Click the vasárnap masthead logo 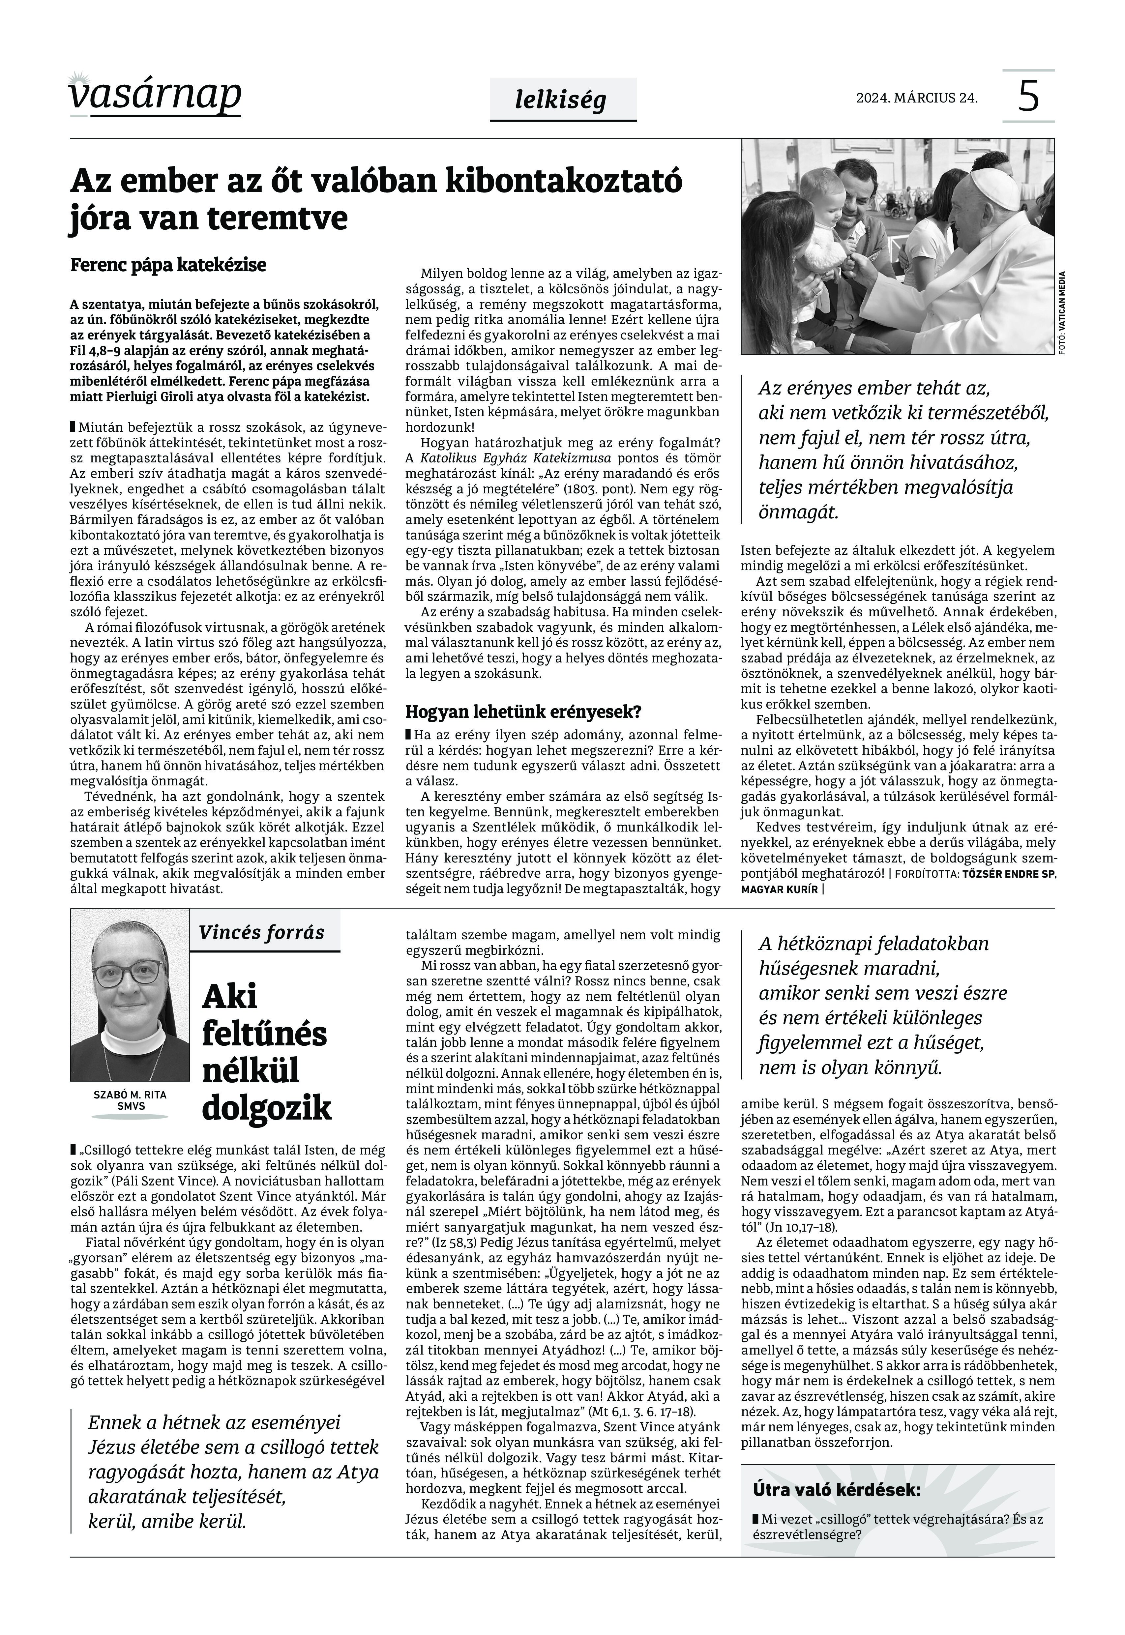pyautogui.click(x=155, y=95)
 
